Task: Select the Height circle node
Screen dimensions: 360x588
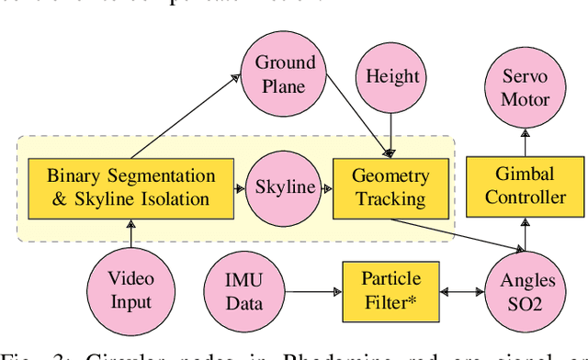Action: (392, 78)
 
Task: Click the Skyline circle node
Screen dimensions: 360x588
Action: (284, 187)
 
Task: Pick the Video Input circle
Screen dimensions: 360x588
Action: (131, 289)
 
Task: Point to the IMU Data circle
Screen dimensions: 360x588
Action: (244, 290)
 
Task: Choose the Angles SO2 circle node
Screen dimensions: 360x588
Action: (526, 290)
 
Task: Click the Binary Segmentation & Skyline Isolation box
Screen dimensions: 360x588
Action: (130, 186)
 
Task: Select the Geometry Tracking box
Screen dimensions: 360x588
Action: (390, 187)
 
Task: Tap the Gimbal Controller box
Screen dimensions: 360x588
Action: (526, 186)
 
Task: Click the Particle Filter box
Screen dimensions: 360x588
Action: (390, 290)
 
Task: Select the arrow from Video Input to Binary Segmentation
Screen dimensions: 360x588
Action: (131, 233)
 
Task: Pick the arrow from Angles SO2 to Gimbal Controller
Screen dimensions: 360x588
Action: (526, 234)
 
